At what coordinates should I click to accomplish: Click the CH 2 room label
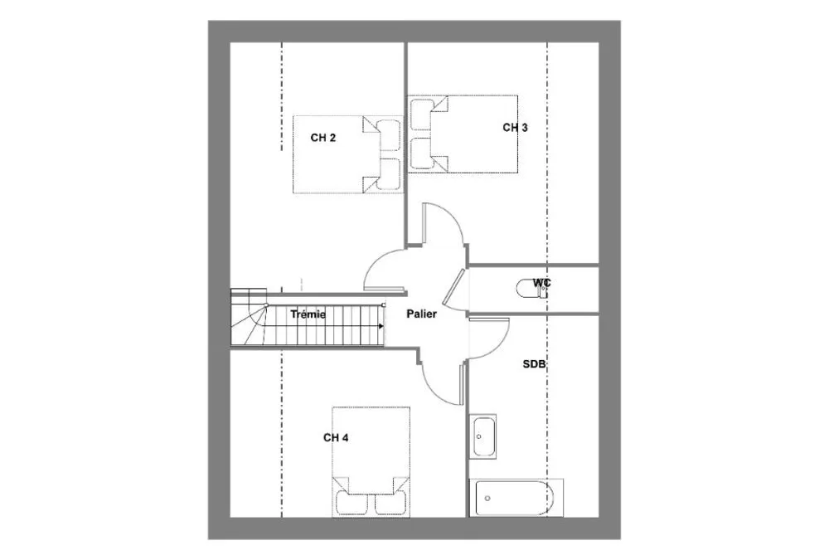[x=323, y=139]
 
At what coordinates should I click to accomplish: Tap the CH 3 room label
[x=515, y=128]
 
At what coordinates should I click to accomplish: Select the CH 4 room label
[x=336, y=438]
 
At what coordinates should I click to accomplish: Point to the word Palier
[x=422, y=314]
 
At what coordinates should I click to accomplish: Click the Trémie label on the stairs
[x=308, y=314]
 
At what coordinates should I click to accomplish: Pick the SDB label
[x=534, y=364]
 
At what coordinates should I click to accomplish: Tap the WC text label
[x=541, y=283]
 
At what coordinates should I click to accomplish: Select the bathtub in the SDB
[x=515, y=498]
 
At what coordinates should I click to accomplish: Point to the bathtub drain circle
[x=487, y=498]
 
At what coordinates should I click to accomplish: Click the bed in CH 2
[x=348, y=154]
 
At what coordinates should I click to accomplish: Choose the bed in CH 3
[x=463, y=134]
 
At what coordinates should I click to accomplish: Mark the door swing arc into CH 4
[x=434, y=391]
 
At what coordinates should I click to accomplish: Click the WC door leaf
[x=454, y=287]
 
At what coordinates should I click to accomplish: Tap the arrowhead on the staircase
[x=381, y=326]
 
